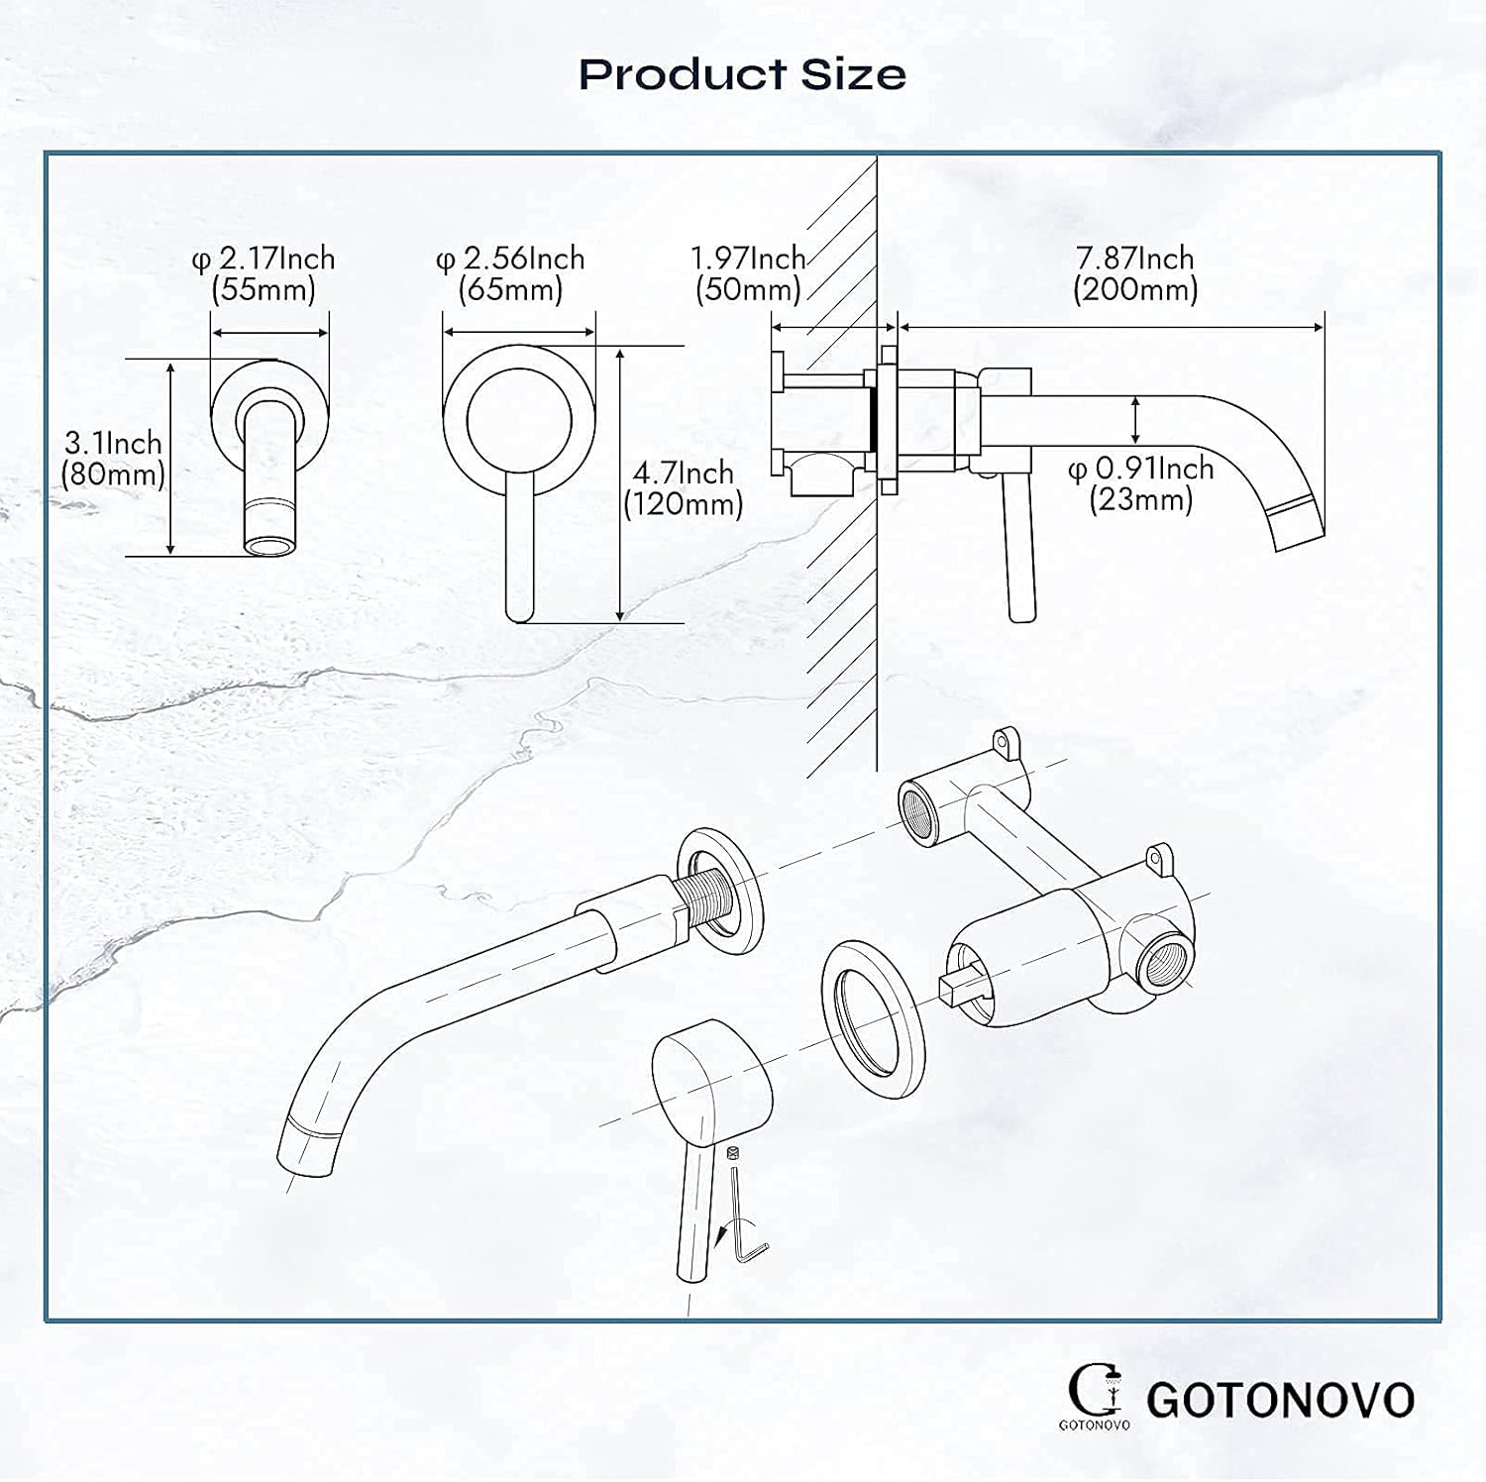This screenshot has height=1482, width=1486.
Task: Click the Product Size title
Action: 742,74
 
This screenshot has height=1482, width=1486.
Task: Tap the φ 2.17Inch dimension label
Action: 264,259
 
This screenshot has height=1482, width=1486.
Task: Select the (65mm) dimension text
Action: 510,290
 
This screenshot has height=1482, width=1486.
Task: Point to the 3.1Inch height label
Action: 113,443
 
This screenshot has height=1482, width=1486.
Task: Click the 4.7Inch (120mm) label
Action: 684,487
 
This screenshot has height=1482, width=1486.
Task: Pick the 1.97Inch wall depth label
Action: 748,259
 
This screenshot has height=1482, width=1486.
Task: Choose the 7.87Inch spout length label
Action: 1135,259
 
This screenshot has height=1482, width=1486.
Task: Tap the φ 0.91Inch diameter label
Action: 1141,469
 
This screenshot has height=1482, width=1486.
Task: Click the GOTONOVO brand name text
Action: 1280,1400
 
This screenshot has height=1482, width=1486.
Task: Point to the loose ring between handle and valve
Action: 873,1017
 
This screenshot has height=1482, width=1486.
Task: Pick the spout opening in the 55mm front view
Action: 269,545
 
